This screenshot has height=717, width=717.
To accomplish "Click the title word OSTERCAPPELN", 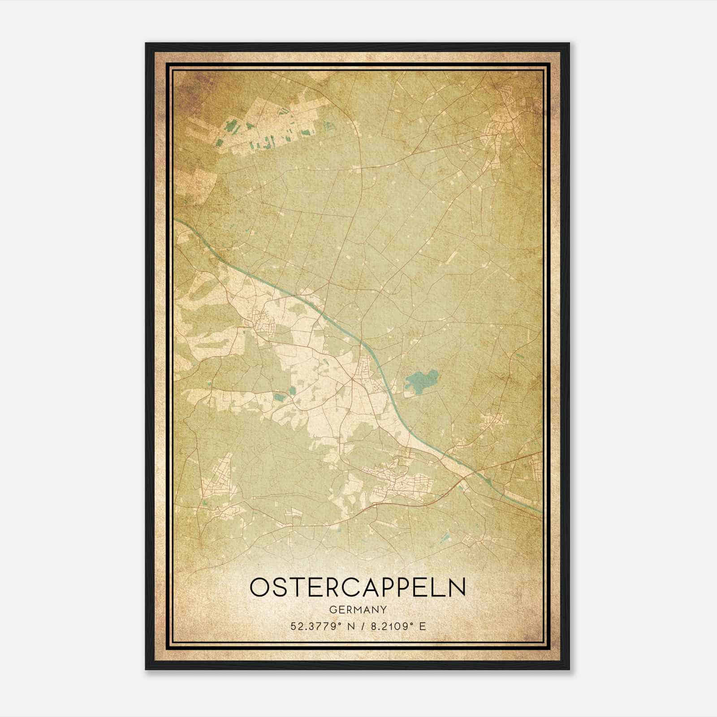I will [x=358, y=587].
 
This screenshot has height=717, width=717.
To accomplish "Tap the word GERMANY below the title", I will [x=358, y=610].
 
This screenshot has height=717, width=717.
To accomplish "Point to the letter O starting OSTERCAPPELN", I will [x=259, y=587].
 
